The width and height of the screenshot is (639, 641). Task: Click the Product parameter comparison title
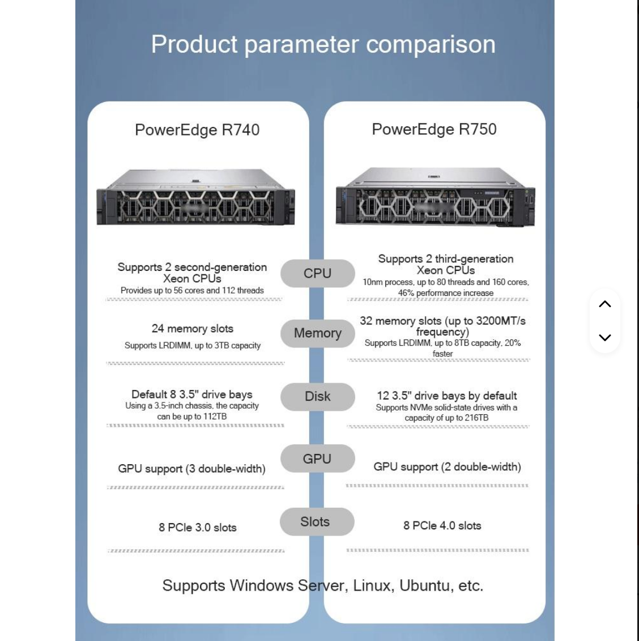click(x=323, y=44)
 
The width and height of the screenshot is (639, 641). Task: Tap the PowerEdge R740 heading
click(x=197, y=130)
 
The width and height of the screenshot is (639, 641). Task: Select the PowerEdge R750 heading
click(x=434, y=129)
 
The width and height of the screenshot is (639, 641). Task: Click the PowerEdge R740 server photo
click(x=195, y=197)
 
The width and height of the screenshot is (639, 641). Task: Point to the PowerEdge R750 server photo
click(x=435, y=197)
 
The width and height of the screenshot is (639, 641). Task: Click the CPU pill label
click(x=317, y=273)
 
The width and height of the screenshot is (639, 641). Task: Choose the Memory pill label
click(x=317, y=333)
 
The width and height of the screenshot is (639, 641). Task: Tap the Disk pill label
click(x=317, y=397)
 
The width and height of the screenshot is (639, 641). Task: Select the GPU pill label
click(x=317, y=459)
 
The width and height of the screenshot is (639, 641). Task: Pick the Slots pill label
click(x=316, y=522)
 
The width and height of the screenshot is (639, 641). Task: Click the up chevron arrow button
click(x=604, y=304)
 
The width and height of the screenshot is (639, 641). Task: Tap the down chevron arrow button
click(x=604, y=337)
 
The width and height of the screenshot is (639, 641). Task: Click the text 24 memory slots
click(x=193, y=329)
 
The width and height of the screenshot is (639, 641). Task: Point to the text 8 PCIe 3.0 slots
click(x=198, y=528)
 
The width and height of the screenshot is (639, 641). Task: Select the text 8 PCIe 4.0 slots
click(x=442, y=526)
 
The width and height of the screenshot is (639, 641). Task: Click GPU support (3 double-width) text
click(x=191, y=469)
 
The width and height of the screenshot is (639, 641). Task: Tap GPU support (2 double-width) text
click(x=447, y=467)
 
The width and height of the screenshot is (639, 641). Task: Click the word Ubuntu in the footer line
click(x=424, y=585)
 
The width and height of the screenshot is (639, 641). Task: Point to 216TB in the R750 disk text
click(x=476, y=418)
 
